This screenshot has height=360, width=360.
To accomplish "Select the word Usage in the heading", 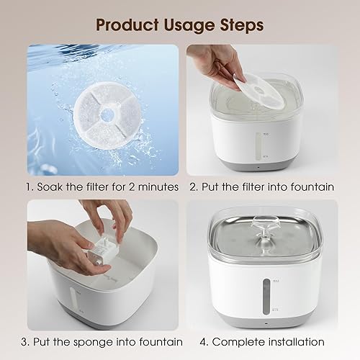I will pyautogui.click(x=184, y=24).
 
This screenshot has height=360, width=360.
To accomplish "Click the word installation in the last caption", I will pyautogui.click(x=292, y=341).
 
